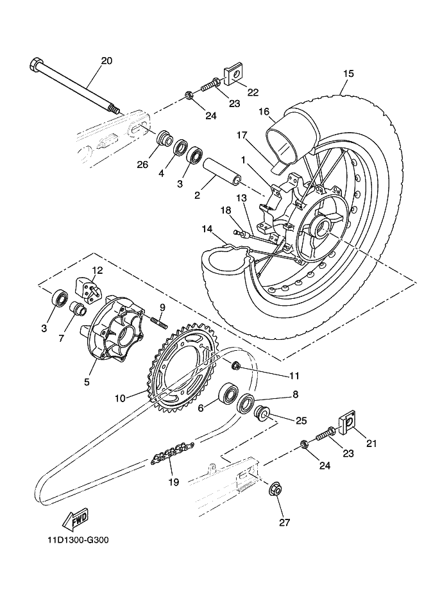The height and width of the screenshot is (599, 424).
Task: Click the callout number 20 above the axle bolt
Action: point(106,60)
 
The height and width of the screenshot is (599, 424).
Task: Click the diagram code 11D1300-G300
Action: point(78,541)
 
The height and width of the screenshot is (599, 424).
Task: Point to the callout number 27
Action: point(285,522)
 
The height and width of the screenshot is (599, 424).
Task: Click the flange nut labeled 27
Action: point(275,489)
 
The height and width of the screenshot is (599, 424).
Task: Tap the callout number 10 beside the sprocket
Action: point(120,398)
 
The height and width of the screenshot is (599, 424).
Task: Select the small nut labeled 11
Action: point(236,365)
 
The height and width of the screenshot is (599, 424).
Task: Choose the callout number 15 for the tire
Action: point(349,73)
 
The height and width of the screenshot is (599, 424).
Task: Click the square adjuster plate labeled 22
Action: point(232,76)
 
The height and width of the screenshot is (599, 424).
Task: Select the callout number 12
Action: point(98,270)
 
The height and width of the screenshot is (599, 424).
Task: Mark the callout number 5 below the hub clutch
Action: point(87,382)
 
